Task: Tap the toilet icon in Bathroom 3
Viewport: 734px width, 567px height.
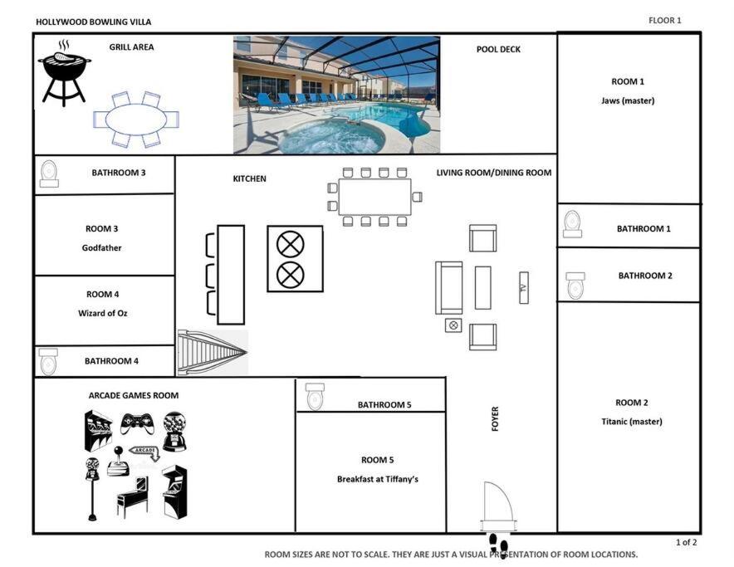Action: coord(49,174)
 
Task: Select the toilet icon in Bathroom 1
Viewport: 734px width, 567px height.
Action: coord(572,224)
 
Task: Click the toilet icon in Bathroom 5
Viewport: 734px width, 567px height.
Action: coord(315,397)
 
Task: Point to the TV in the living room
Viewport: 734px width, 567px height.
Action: coord(524,287)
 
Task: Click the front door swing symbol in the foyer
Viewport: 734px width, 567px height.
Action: coord(497,506)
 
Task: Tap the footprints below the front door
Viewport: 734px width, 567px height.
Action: coord(498,544)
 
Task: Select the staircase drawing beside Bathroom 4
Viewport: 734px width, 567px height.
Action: coord(213,353)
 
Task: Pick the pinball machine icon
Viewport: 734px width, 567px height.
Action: coord(133,496)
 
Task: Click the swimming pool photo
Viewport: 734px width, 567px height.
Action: coord(336,95)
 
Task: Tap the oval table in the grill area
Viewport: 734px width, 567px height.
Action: coord(136,120)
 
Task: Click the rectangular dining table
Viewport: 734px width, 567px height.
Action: coord(375,197)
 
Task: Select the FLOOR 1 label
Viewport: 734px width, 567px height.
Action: coord(665,20)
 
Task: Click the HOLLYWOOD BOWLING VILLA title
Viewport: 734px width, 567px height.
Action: coord(94,22)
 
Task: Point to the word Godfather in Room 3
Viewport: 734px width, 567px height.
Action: coord(101,247)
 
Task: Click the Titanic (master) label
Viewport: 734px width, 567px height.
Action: coord(632,422)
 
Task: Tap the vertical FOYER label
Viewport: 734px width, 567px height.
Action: coord(495,418)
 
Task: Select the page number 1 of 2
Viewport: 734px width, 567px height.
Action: coord(686,542)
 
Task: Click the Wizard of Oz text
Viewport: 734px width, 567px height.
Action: coord(102,313)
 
